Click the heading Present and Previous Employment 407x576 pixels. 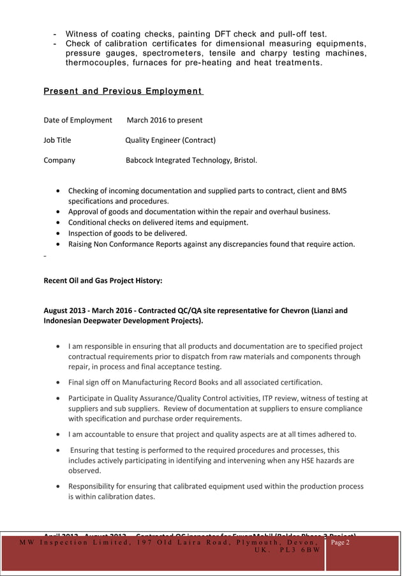click(x=122, y=91)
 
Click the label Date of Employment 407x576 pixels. click(x=78, y=120)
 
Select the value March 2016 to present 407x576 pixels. click(x=165, y=120)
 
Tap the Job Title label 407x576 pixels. click(x=57, y=140)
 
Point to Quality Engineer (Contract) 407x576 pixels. click(x=170, y=140)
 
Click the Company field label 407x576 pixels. click(x=59, y=160)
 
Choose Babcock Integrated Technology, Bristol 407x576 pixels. click(x=191, y=160)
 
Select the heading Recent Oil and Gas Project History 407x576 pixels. click(x=103, y=280)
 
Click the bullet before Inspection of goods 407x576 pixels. click(x=59, y=233)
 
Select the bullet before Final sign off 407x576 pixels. click(x=59, y=383)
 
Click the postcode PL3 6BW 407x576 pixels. click(x=299, y=550)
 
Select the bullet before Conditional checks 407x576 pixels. click(x=59, y=223)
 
